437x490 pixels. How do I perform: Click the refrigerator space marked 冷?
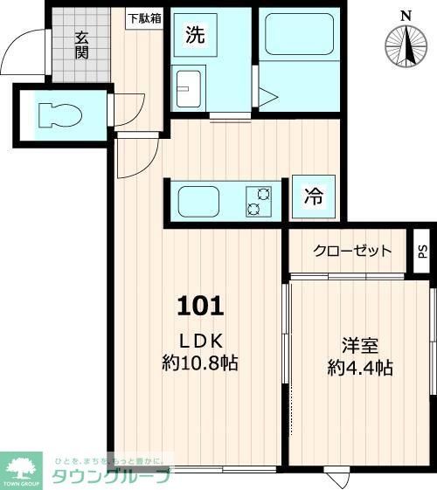[313, 197]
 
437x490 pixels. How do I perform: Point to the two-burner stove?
[258, 201]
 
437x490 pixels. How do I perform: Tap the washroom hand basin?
[187, 87]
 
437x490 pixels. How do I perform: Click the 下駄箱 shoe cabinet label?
[144, 17]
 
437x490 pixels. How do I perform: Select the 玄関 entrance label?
[81, 45]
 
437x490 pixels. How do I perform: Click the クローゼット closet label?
[353, 251]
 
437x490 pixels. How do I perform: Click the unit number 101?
[202, 306]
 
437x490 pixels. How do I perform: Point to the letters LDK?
[202, 341]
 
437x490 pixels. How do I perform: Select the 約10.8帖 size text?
[201, 362]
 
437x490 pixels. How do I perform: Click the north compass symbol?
[405, 46]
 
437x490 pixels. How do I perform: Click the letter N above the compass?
[405, 15]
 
